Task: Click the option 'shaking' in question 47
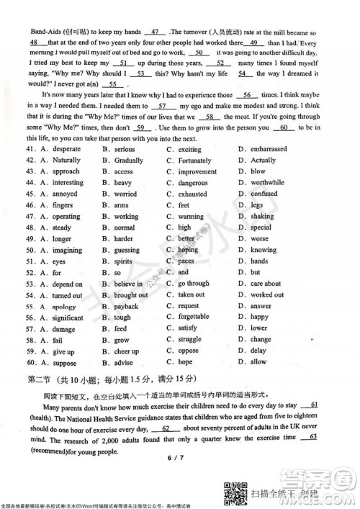pyautogui.click(x=262, y=217)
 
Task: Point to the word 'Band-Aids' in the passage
pyautogui.click(x=45, y=32)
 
